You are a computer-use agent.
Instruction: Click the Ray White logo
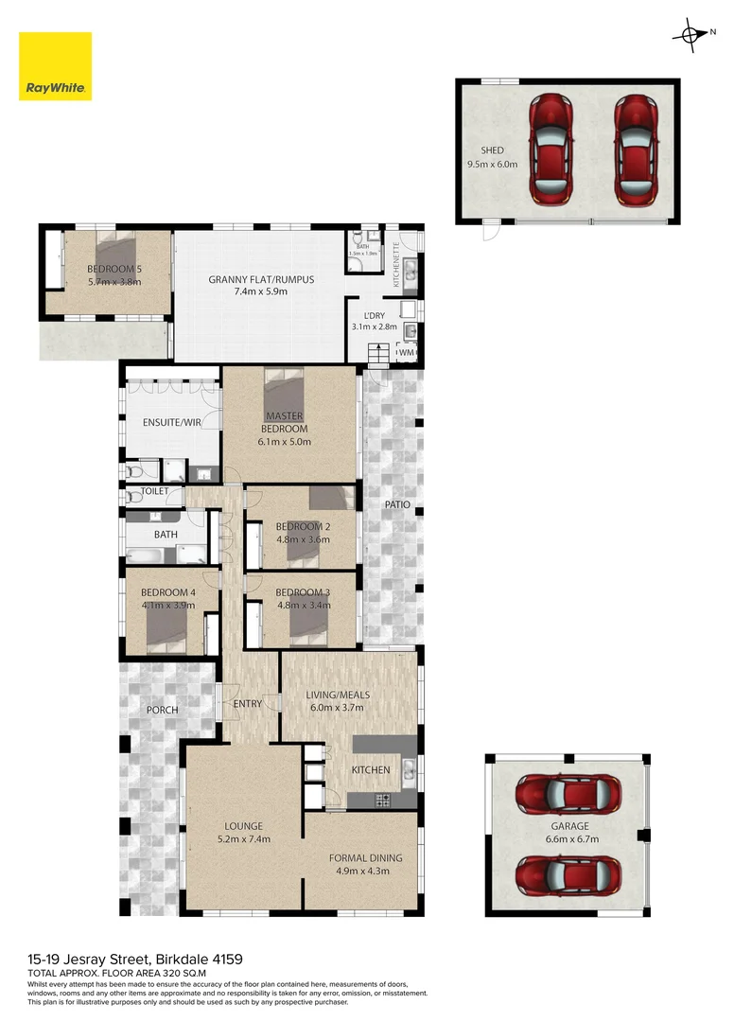56,66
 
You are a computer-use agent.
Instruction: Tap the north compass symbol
688,34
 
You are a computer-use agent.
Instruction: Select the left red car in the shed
550,150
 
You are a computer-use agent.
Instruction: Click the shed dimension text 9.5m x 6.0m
493,164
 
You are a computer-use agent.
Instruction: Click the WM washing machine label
407,353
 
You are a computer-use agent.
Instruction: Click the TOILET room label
155,492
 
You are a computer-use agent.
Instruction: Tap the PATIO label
397,505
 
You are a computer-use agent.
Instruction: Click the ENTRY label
247,703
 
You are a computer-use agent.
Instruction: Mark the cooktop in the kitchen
383,801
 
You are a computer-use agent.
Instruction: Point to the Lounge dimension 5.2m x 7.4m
244,839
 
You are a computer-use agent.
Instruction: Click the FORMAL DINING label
365,858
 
